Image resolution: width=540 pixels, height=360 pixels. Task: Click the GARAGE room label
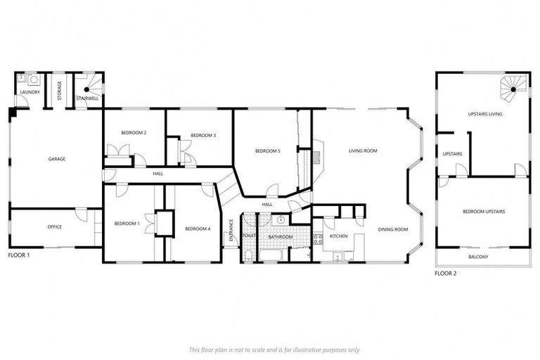[x=57, y=159]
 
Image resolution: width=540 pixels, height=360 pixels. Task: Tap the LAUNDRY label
[x=30, y=92]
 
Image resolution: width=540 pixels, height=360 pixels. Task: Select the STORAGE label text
[x=59, y=90]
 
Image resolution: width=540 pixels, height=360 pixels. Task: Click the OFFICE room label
[x=55, y=226]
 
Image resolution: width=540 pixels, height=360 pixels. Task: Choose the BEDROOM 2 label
[x=133, y=132]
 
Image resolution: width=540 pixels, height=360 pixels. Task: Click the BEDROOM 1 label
[x=127, y=224]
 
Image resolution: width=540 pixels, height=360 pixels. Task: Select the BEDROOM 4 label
[x=198, y=229]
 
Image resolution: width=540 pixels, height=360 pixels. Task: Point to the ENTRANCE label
[x=231, y=231]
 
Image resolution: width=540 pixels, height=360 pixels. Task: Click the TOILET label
[x=248, y=236]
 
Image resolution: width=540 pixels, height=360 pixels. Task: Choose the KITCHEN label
[x=339, y=236]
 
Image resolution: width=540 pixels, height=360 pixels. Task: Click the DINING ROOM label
[x=392, y=229]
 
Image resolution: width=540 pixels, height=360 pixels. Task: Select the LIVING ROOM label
[x=363, y=150]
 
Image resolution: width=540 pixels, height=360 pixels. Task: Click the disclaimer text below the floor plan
[x=275, y=349]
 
